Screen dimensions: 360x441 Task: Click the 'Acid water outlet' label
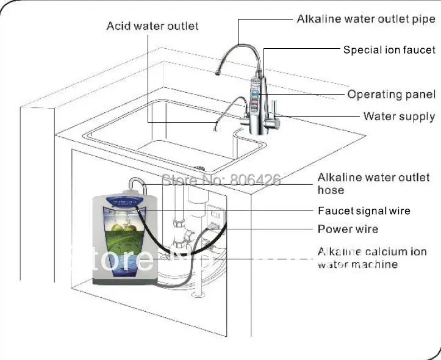click(x=152, y=26)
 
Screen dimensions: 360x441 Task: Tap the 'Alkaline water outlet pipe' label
click(x=366, y=20)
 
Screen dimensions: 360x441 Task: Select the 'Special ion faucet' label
click(x=389, y=50)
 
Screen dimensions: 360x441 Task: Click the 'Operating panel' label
click(x=391, y=95)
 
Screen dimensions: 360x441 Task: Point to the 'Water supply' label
click(x=399, y=116)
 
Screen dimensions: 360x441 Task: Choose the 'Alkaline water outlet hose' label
click(x=373, y=184)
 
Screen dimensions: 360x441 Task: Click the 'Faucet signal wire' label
click(x=364, y=211)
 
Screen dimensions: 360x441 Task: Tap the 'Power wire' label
click(x=348, y=229)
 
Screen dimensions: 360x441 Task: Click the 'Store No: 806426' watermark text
click(x=220, y=180)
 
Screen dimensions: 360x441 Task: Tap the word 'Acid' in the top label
click(x=119, y=26)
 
